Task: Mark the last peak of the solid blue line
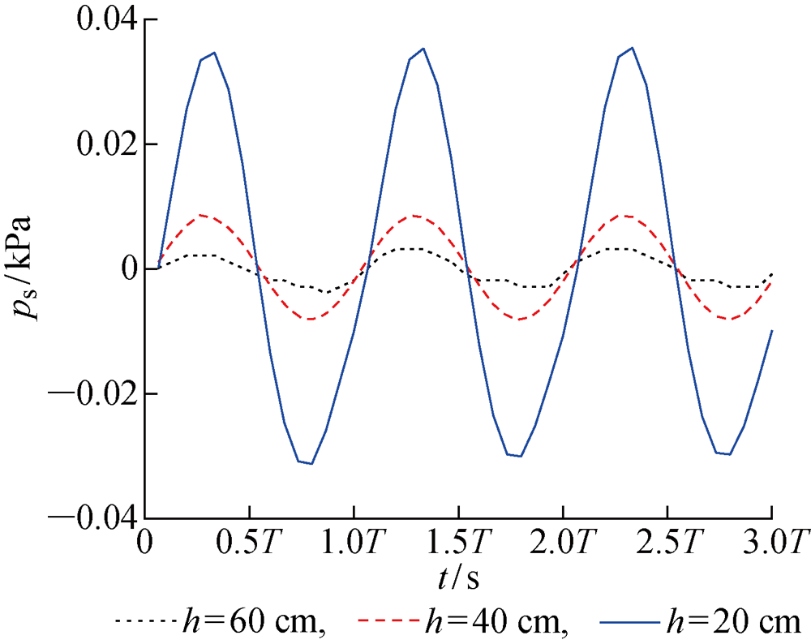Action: pyautogui.click(x=632, y=48)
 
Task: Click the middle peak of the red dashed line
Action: pyautogui.click(x=415, y=216)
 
